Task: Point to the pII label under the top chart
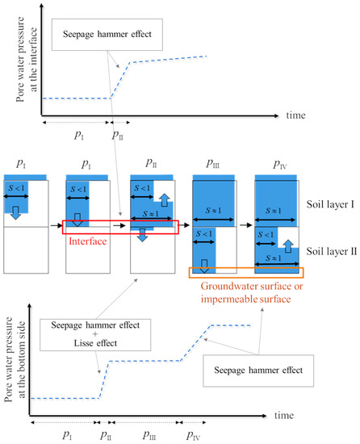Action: click(x=118, y=134)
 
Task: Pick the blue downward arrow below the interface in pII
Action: click(x=141, y=233)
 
